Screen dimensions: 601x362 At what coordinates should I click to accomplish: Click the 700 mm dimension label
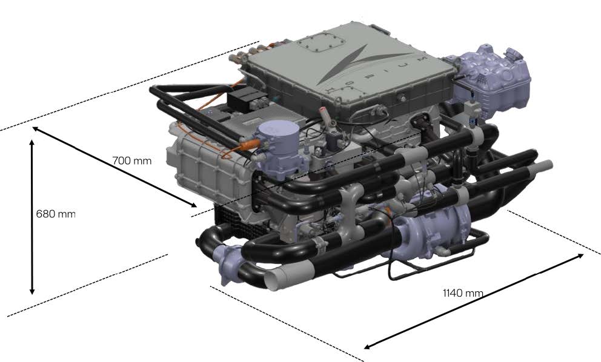pyautogui.click(x=132, y=160)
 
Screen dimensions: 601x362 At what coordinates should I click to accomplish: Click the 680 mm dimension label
pyautogui.click(x=56, y=213)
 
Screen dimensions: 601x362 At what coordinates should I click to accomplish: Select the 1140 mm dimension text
pyautogui.click(x=463, y=293)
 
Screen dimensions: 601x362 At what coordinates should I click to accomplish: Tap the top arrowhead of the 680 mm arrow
pyautogui.click(x=32, y=143)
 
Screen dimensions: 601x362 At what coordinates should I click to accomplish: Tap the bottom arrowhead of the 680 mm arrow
pyautogui.click(x=32, y=291)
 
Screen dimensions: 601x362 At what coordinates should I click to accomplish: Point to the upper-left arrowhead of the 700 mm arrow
pyautogui.click(x=36, y=129)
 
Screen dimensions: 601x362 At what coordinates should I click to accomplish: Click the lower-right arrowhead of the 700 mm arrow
pyautogui.click(x=193, y=205)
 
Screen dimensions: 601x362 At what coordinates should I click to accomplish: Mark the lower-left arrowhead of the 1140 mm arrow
pyautogui.click(x=367, y=347)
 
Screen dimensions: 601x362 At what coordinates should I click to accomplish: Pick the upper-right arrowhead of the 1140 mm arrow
pyautogui.click(x=580, y=255)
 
